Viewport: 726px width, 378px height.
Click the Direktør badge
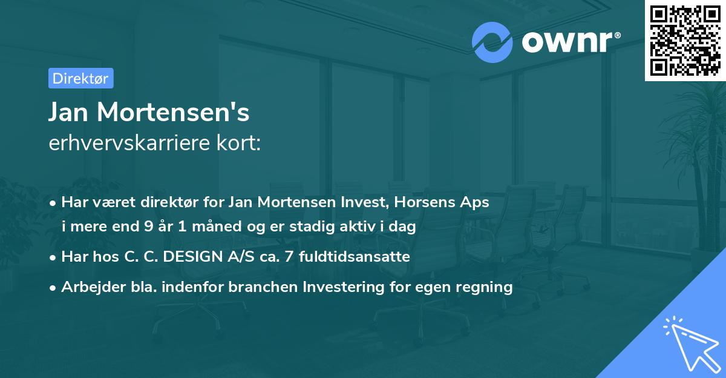point(80,78)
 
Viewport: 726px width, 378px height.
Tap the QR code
point(685,41)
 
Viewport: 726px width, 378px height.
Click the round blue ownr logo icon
point(492,42)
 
